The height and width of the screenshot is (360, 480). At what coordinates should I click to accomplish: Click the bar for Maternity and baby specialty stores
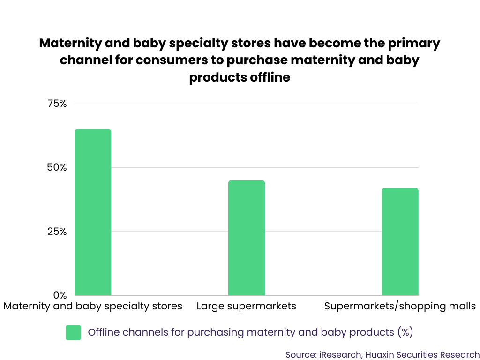coord(93,212)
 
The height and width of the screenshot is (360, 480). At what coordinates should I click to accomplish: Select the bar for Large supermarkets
coord(247,238)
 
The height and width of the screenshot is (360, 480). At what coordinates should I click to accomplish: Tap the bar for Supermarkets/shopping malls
coord(400,241)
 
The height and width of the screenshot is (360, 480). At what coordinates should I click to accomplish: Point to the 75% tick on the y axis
coord(57,104)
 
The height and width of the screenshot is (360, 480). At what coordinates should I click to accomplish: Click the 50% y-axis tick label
coord(57,168)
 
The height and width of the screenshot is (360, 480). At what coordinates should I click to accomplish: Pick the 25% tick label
coord(57,232)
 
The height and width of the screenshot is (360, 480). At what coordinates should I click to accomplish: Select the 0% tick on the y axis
coord(60,295)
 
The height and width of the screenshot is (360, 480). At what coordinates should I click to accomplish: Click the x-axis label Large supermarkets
coord(247,306)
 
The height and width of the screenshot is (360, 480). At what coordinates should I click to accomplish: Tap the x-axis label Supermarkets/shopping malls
coord(400,306)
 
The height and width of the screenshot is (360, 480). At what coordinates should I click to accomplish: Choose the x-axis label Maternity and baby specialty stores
coord(93,306)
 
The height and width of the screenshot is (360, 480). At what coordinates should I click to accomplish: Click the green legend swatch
coord(74,333)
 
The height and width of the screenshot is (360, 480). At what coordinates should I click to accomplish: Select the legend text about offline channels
coord(250,332)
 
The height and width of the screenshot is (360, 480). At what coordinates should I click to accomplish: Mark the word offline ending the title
coord(270,77)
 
